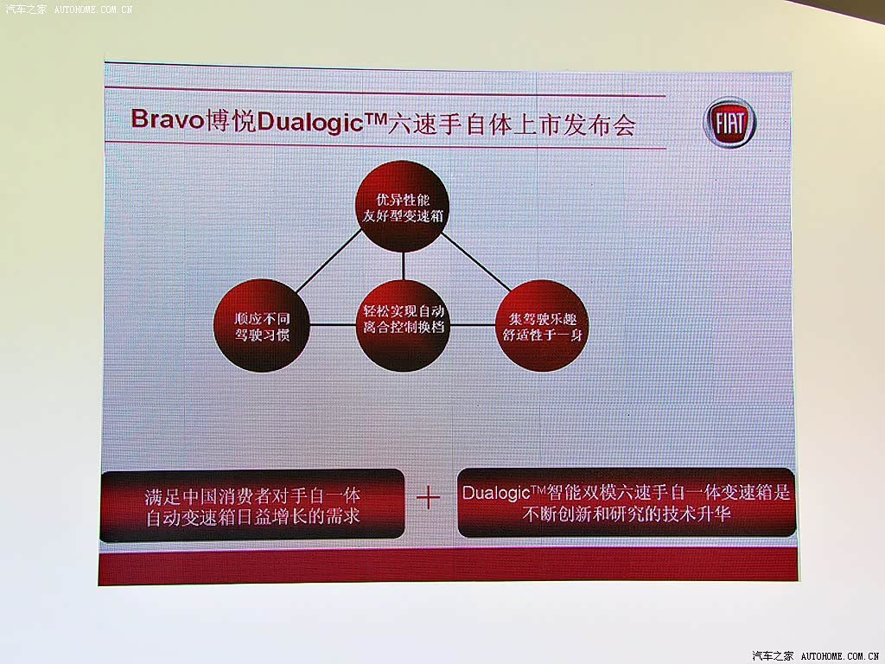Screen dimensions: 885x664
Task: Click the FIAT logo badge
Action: (x=729, y=123)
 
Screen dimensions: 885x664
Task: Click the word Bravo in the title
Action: (x=167, y=119)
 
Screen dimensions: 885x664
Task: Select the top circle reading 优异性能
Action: (x=403, y=207)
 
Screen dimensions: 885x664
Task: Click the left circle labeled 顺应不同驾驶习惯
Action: (x=262, y=326)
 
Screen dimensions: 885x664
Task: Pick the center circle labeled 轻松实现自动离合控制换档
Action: (x=403, y=325)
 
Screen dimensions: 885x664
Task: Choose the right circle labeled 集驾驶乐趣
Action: (x=542, y=326)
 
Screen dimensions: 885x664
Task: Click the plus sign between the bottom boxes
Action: (x=428, y=498)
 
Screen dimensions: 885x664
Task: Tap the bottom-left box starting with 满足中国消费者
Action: (x=252, y=505)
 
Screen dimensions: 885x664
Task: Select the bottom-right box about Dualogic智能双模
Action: (x=627, y=502)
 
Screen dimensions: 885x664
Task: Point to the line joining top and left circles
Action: (x=328, y=261)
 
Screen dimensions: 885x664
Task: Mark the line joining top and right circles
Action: (x=476, y=262)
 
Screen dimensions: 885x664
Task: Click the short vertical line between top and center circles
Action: (x=403, y=266)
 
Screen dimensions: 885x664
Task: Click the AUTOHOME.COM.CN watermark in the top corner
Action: (x=93, y=9)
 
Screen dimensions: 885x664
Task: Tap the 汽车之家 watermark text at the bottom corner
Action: (x=773, y=655)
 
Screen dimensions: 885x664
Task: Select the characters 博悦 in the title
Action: (x=230, y=120)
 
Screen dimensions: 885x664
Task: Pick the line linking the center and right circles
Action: (x=473, y=325)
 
